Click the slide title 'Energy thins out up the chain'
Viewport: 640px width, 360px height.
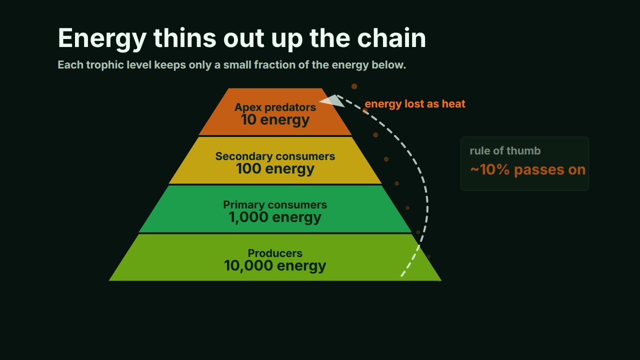(x=241, y=38)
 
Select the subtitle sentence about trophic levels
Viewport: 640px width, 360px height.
(x=231, y=65)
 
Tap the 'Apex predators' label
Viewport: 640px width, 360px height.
(x=275, y=107)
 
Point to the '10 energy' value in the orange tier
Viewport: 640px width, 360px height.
(x=275, y=119)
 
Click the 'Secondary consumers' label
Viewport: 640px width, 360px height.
(x=275, y=156)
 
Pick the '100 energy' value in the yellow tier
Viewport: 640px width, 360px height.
(x=275, y=168)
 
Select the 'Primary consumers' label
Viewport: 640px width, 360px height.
(x=275, y=205)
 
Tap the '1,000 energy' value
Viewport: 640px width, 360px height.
(x=275, y=217)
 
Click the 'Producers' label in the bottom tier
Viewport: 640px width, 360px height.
(x=275, y=253)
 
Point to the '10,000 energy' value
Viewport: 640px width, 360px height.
(x=275, y=266)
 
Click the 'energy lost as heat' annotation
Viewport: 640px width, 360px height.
(x=415, y=103)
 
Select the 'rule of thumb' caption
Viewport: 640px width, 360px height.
(x=505, y=151)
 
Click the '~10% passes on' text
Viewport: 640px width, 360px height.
(x=528, y=169)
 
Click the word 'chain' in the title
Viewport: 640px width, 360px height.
(x=391, y=38)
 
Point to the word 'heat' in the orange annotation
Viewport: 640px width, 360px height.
(x=453, y=103)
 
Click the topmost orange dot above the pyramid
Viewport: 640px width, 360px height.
(x=354, y=86)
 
